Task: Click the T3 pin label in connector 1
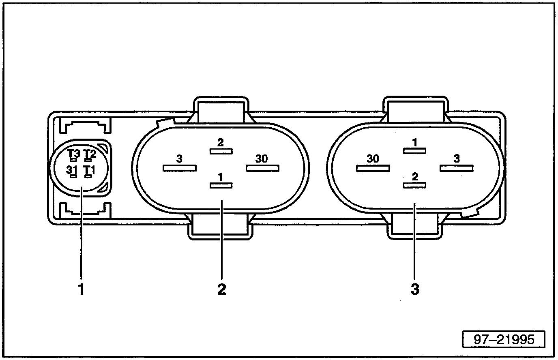click(x=74, y=154)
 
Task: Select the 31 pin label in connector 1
click(x=71, y=170)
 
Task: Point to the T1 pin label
click(x=89, y=170)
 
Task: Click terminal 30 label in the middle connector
click(x=262, y=159)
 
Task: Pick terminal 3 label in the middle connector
click(x=179, y=159)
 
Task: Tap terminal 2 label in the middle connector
click(x=221, y=143)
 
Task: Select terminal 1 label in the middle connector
click(x=220, y=177)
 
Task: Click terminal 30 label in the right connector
click(x=373, y=159)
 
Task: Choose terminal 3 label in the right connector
click(x=457, y=159)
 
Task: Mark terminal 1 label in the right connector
click(x=414, y=143)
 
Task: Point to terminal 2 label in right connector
click(x=414, y=177)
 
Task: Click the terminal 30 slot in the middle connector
click(x=263, y=167)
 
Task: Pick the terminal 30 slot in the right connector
click(x=372, y=167)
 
